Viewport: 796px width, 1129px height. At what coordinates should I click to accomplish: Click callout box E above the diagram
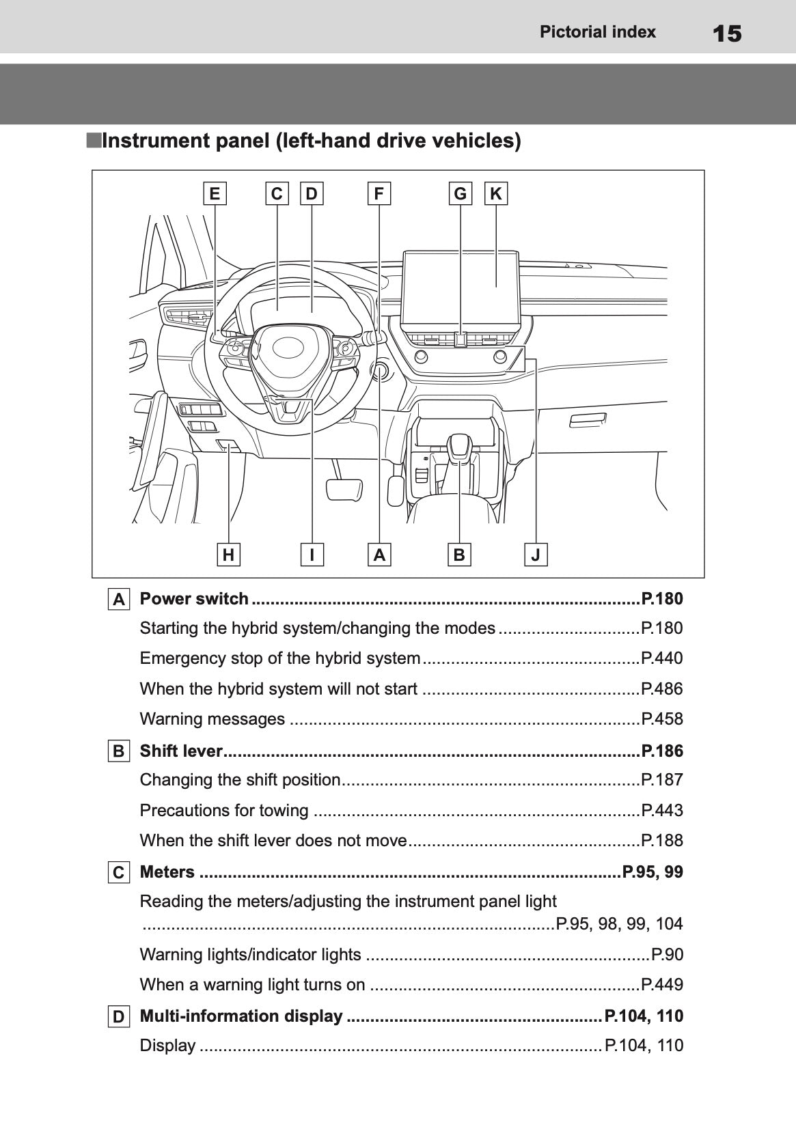coord(215,194)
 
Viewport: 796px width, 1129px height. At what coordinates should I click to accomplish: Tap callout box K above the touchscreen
coord(495,194)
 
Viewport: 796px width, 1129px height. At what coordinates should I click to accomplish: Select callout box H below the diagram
coord(228,555)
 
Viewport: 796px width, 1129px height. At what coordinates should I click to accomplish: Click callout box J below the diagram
coord(536,555)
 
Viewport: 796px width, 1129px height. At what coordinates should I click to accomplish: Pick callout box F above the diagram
coord(379,194)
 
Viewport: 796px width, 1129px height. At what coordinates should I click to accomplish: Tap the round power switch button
coord(379,370)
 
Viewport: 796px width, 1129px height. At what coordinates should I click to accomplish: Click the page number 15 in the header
coord(726,33)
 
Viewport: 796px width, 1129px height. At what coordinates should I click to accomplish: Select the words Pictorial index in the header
coord(597,32)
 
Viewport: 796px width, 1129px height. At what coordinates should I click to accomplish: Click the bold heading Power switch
coord(194,599)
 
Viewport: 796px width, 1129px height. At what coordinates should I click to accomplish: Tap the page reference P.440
coord(661,658)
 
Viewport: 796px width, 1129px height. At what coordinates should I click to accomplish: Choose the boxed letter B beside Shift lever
coord(118,751)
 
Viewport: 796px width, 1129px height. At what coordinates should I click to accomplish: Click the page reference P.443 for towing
coord(661,811)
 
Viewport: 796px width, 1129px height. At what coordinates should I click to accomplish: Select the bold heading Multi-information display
coord(241,1016)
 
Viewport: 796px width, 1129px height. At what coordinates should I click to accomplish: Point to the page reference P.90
coord(667,954)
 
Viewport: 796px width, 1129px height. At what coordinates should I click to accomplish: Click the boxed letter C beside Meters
coord(118,873)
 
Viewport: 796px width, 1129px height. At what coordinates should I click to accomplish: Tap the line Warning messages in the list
coord(212,719)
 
